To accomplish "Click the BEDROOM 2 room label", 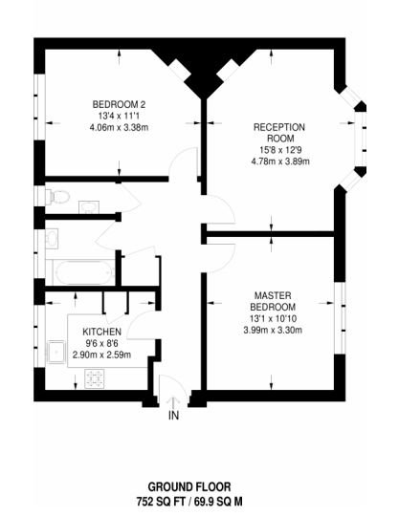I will pos(119,104).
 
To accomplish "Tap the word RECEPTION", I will pos(278,127).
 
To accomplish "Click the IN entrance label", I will pos(173,417).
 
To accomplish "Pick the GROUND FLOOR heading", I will pos(198,486).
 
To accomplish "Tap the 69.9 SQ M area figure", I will pos(239,500).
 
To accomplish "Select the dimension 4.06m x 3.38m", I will pos(119,127).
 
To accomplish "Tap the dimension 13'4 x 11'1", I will pos(119,116).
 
